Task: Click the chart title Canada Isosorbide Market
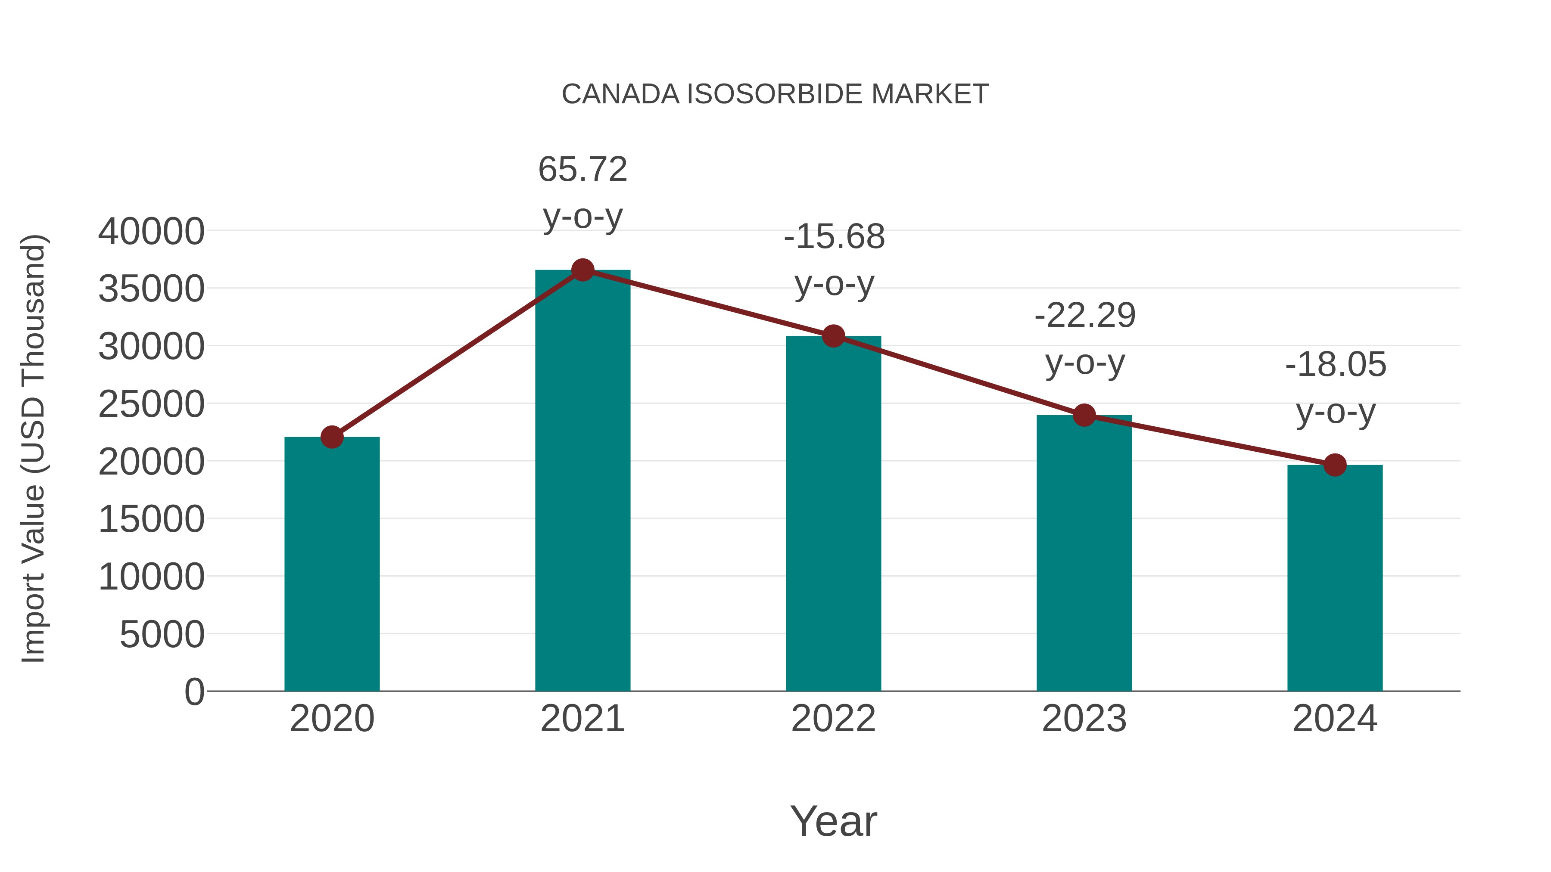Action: [775, 94]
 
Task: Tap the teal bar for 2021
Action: [582, 481]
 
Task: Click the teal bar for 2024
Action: [1335, 578]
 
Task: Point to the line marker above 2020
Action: [332, 437]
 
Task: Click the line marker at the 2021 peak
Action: [582, 270]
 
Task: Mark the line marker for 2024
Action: [1335, 465]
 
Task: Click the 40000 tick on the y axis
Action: [151, 232]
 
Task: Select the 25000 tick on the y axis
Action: [151, 404]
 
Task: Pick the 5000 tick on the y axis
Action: [162, 634]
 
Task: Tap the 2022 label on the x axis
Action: [833, 719]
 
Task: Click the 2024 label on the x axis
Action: [1335, 719]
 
